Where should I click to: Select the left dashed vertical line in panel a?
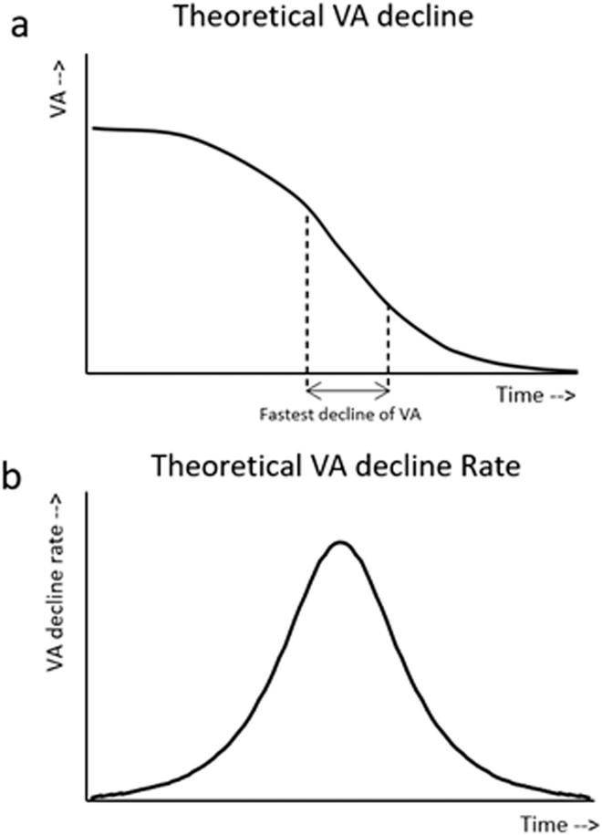point(307,301)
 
